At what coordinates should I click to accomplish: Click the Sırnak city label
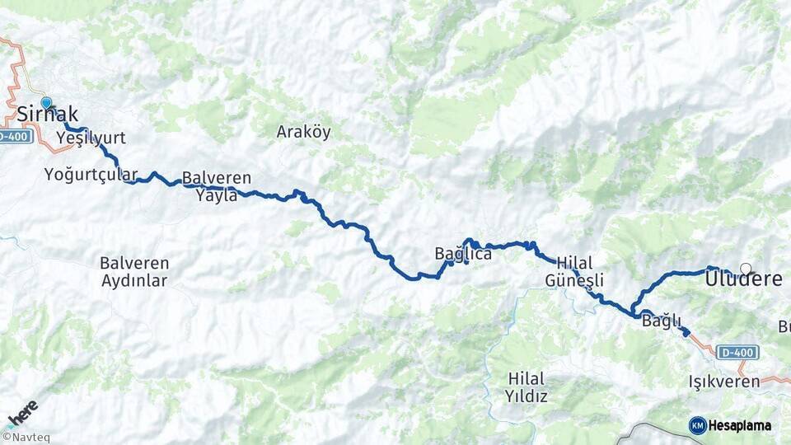point(48,115)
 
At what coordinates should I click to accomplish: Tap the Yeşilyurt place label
point(91,137)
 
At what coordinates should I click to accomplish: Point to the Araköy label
point(303,132)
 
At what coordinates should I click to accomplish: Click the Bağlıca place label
point(463,254)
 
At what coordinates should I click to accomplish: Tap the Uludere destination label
point(743,280)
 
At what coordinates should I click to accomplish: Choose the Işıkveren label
point(724,382)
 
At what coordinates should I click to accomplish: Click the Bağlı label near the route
point(659,322)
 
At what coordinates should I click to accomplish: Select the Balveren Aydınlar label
point(133,272)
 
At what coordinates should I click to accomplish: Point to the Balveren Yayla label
point(217,186)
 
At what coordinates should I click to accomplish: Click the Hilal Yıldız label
point(527,386)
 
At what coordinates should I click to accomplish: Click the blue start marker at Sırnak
point(46,103)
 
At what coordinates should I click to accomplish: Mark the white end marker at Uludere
point(746,268)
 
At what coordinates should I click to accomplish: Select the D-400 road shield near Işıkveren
point(737,353)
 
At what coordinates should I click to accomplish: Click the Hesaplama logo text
point(739,425)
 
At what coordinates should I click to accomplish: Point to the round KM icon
point(697,425)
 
